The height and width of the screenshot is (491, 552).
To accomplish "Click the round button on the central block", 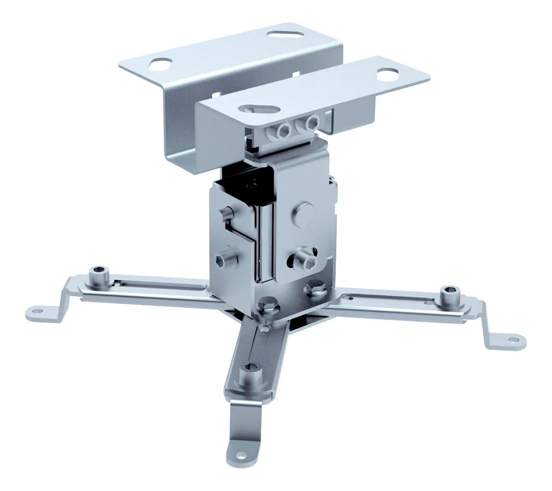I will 303,211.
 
